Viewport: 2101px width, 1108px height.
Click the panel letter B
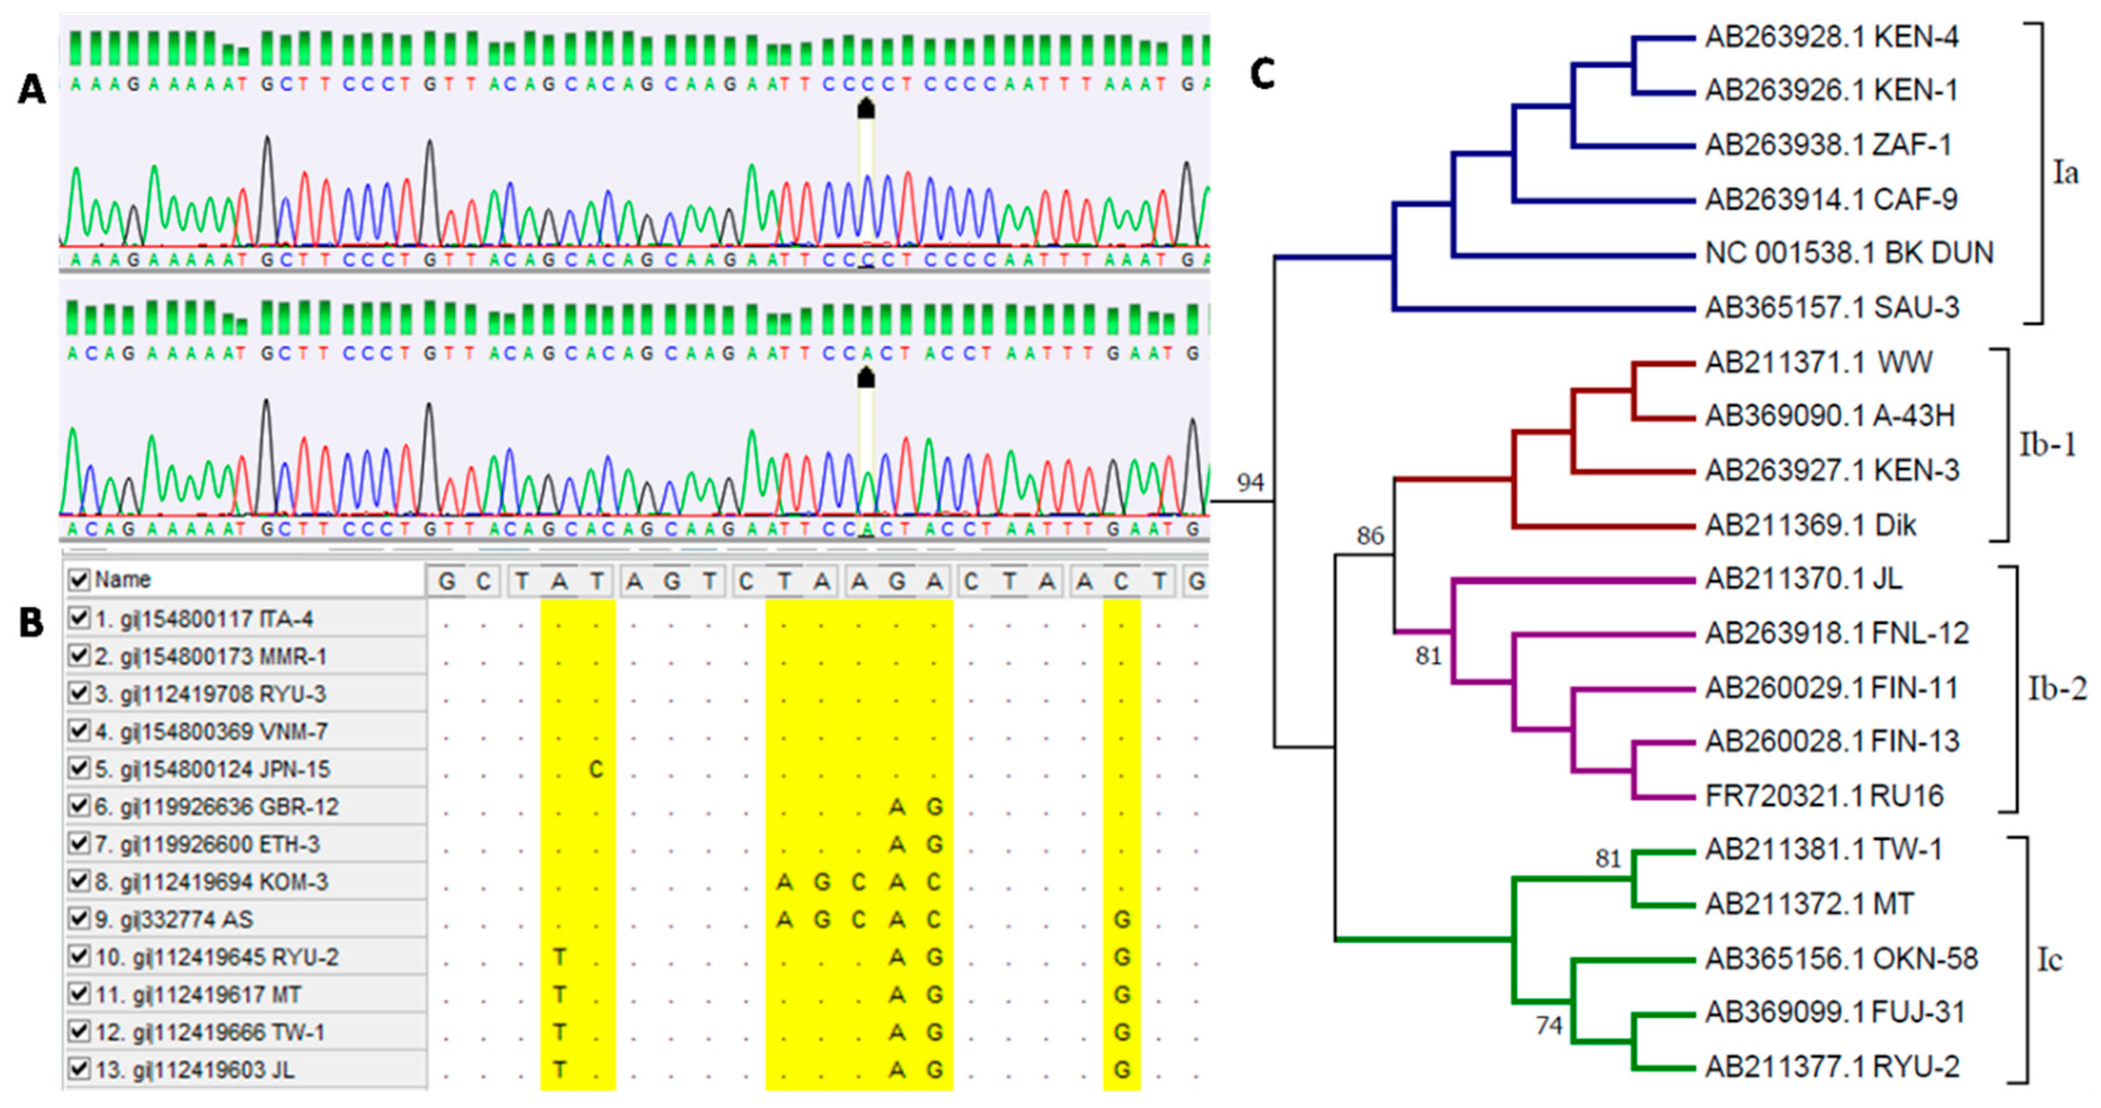(31, 623)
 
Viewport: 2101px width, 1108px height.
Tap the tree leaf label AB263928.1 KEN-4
(1831, 36)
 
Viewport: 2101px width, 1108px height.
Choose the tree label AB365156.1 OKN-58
(1841, 959)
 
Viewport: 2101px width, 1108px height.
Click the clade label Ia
(2065, 173)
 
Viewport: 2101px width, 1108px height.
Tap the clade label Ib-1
(2047, 445)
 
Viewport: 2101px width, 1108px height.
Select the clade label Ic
(2049, 960)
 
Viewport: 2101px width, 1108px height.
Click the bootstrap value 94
(1249, 483)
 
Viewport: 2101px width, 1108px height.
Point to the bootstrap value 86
(1369, 535)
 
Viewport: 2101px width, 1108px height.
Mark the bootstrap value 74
(1548, 1025)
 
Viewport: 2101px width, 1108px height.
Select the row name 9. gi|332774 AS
(173, 919)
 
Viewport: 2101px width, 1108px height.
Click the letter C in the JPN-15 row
(596, 769)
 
